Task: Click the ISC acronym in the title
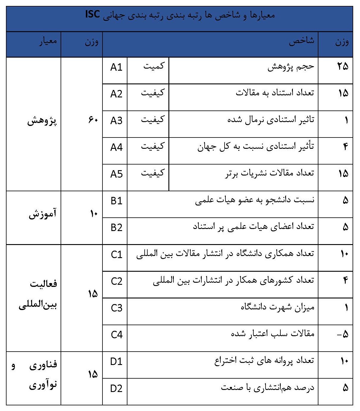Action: pos(92,14)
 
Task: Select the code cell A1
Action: pos(116,67)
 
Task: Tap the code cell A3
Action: pos(116,121)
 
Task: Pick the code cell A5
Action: pos(116,174)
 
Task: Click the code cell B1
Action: pos(116,201)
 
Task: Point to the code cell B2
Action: pos(116,227)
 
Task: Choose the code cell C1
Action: pos(116,254)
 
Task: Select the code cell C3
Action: pos(116,308)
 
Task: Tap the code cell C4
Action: pos(116,335)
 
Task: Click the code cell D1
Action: pos(116,361)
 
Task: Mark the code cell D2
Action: pos(116,388)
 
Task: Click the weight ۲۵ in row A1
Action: pos(342,66)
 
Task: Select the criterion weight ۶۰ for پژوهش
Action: pos(93,120)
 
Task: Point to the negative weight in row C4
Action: pos(342,334)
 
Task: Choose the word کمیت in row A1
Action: pos(154,66)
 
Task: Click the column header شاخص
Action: pos(301,41)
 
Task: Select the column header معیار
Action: pos(48,41)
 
